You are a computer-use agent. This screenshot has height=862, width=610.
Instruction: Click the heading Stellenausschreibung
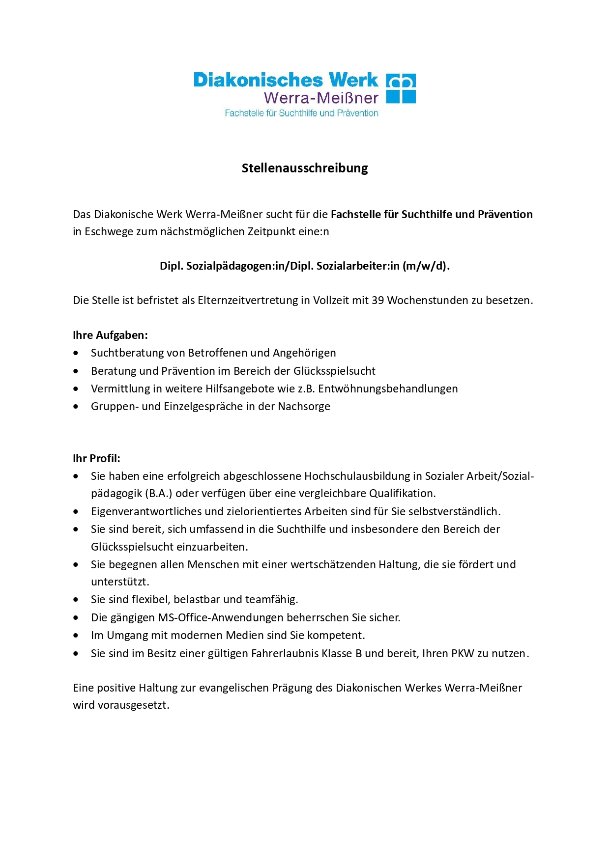[305, 168]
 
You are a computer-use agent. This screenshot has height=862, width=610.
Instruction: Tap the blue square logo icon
[401, 88]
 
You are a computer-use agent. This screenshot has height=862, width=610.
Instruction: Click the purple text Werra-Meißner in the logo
[321, 98]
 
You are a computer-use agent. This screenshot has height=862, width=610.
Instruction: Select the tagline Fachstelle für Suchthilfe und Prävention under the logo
[301, 113]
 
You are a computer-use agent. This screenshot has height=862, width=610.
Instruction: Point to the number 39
[378, 300]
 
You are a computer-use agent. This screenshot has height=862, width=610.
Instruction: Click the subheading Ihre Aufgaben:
[110, 335]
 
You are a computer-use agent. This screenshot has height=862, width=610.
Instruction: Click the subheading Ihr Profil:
[96, 458]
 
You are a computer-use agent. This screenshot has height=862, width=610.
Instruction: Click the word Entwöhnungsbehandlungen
[388, 389]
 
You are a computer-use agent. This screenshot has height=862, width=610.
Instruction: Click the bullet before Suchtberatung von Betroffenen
[76, 353]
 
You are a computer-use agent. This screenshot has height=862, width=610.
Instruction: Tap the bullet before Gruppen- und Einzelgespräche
[76, 407]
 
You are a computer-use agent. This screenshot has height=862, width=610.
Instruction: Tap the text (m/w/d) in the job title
[424, 266]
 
